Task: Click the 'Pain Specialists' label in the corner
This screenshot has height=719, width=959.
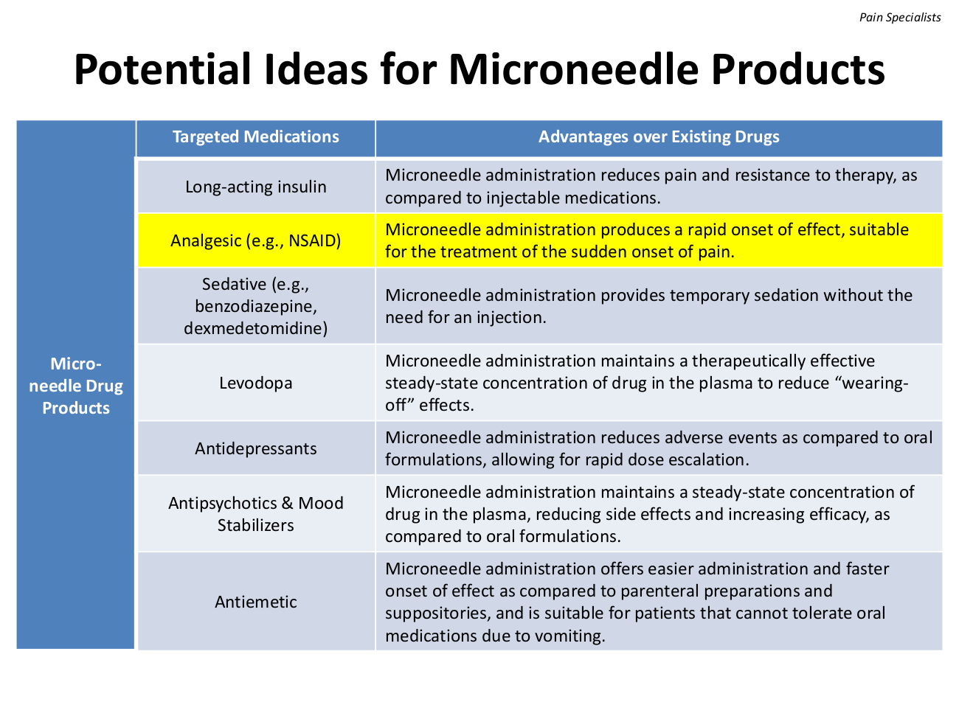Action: (899, 18)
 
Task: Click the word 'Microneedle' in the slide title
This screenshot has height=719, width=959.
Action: (572, 70)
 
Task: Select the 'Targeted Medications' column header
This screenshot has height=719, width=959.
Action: (255, 136)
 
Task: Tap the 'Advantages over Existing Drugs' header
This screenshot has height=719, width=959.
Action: (659, 136)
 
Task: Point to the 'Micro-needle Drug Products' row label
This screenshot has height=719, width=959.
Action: (75, 386)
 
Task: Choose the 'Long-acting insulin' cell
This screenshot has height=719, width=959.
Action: (255, 187)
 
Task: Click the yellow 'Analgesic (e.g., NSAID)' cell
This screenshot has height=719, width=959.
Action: (255, 240)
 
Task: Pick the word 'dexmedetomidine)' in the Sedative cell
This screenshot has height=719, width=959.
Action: (255, 328)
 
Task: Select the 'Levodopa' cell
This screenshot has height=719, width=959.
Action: (255, 383)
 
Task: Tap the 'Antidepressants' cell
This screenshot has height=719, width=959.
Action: (255, 449)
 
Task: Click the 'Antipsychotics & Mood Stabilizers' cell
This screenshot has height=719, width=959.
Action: (255, 514)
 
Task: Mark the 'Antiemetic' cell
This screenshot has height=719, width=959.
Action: (255, 602)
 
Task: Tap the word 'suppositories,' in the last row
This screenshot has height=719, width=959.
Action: (437, 614)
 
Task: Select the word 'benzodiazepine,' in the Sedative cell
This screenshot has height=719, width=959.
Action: (255, 307)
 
